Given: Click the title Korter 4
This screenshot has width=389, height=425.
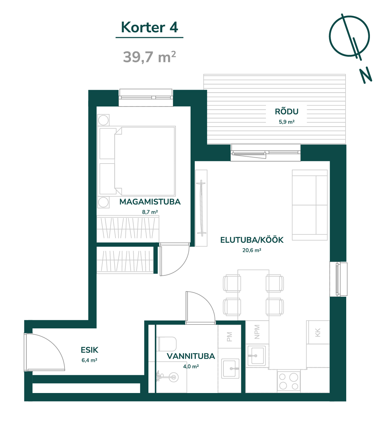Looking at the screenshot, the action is pyautogui.click(x=149, y=28).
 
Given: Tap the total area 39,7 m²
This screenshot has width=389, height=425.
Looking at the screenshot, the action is pyautogui.click(x=149, y=57).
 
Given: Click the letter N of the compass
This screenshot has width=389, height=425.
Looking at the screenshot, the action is pyautogui.click(x=366, y=75).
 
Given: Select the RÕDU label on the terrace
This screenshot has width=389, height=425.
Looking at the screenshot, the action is pyautogui.click(x=287, y=112).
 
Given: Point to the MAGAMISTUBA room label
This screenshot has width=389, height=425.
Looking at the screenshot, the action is pyautogui.click(x=150, y=202).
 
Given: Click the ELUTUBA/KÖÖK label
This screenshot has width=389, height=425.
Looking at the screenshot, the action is pyautogui.click(x=252, y=240).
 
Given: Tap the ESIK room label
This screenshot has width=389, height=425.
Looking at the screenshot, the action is pyautogui.click(x=90, y=350).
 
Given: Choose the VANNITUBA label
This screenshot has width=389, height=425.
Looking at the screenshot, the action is pyautogui.click(x=191, y=356).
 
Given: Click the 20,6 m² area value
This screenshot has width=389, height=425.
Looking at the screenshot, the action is pyautogui.click(x=252, y=250).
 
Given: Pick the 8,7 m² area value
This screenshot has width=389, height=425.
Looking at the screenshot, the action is pyautogui.click(x=150, y=212).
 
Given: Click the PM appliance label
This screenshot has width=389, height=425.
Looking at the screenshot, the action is pyautogui.click(x=229, y=337).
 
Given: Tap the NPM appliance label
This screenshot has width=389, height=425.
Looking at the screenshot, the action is pyautogui.click(x=257, y=332).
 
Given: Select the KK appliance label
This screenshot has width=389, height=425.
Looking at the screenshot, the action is pyautogui.click(x=318, y=332).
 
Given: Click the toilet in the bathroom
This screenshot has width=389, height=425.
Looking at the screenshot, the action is pyautogui.click(x=167, y=344).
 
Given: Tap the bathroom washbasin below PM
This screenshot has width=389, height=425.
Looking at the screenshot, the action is pyautogui.click(x=230, y=369).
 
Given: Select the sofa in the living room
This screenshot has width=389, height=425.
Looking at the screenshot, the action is pyautogui.click(x=310, y=205).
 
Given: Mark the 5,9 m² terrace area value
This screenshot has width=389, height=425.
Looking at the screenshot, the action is pyautogui.click(x=287, y=122).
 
